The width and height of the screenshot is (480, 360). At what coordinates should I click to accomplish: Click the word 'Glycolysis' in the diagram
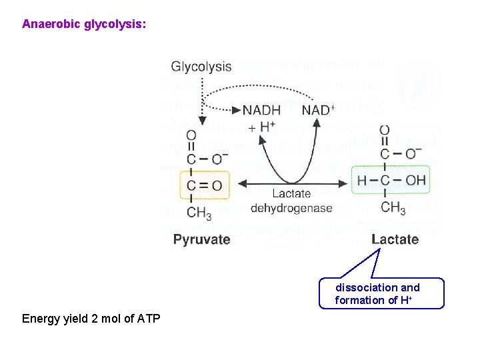point(201,67)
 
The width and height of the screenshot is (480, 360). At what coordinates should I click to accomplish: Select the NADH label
point(262,110)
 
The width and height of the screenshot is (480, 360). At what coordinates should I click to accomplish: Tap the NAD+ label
point(318,110)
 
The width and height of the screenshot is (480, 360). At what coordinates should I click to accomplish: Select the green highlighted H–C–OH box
point(392,180)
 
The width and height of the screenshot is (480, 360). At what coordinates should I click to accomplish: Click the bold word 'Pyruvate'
point(201,239)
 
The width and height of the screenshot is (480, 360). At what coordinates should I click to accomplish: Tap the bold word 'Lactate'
point(395,239)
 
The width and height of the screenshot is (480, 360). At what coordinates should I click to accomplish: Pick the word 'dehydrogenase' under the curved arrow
point(291,208)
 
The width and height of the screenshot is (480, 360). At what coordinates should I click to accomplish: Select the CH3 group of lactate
point(393,209)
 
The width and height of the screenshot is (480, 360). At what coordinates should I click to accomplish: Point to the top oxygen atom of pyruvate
point(191,135)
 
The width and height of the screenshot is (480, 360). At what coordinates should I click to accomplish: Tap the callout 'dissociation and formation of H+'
point(378,293)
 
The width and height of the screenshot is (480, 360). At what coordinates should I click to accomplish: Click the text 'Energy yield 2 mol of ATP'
point(91,319)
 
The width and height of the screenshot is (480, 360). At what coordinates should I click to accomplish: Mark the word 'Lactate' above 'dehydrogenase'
point(291,193)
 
